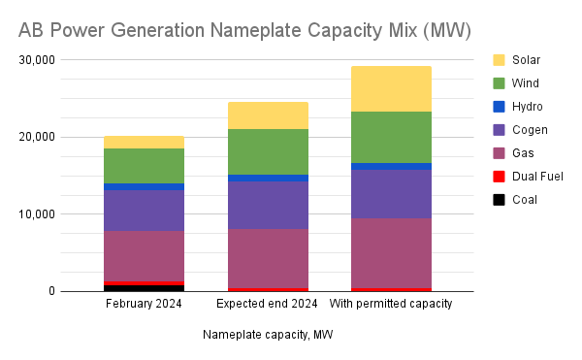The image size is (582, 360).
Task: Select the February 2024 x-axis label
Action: (144, 304)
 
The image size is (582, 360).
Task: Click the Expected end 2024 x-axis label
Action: (268, 304)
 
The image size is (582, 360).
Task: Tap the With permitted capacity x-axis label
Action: (391, 304)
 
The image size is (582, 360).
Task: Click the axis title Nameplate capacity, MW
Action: (268, 335)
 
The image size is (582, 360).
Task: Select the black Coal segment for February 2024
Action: (144, 288)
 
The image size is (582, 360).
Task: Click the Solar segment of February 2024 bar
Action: (144, 142)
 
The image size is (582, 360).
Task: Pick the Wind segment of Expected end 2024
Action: (268, 151)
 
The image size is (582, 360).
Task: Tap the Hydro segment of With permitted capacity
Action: (391, 166)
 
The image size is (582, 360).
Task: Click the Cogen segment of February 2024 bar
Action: (144, 210)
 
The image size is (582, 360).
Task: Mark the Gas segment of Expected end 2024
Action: (268, 258)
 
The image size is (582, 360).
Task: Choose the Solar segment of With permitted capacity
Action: (391, 88)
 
